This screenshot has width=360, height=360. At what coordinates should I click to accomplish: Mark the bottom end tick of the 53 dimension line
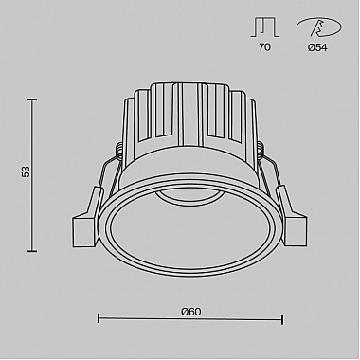(33, 251)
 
